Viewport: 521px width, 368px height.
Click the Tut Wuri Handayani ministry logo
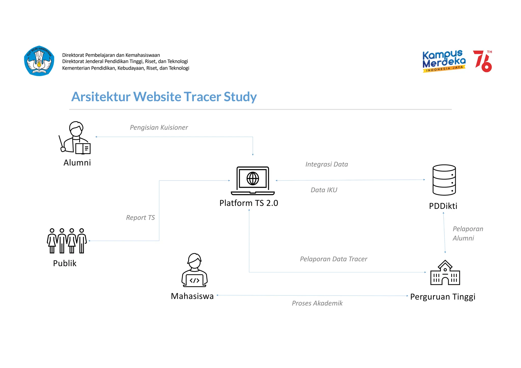click(x=39, y=61)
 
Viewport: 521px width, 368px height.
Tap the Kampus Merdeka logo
click(x=444, y=61)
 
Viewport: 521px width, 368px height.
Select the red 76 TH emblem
click(x=483, y=61)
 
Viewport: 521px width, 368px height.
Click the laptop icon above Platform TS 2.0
click(x=253, y=181)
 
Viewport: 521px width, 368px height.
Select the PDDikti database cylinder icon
click(x=444, y=180)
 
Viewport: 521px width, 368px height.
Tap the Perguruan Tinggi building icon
click(x=445, y=273)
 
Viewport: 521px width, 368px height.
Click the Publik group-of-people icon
click(x=67, y=241)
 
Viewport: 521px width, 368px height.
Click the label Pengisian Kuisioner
click(x=159, y=127)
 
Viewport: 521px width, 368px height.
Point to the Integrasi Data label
click(x=326, y=164)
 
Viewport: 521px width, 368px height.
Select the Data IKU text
click(x=324, y=190)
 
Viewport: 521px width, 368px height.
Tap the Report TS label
click(x=140, y=218)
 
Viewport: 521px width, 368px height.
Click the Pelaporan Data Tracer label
click(x=333, y=259)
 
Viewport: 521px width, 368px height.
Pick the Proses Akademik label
click(x=317, y=303)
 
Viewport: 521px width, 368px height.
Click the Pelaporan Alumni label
click(x=467, y=233)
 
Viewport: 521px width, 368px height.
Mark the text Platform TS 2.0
click(x=249, y=203)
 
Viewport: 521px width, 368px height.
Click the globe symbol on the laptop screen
click(x=253, y=178)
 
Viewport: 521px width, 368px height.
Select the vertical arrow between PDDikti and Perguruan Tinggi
click(x=444, y=233)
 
